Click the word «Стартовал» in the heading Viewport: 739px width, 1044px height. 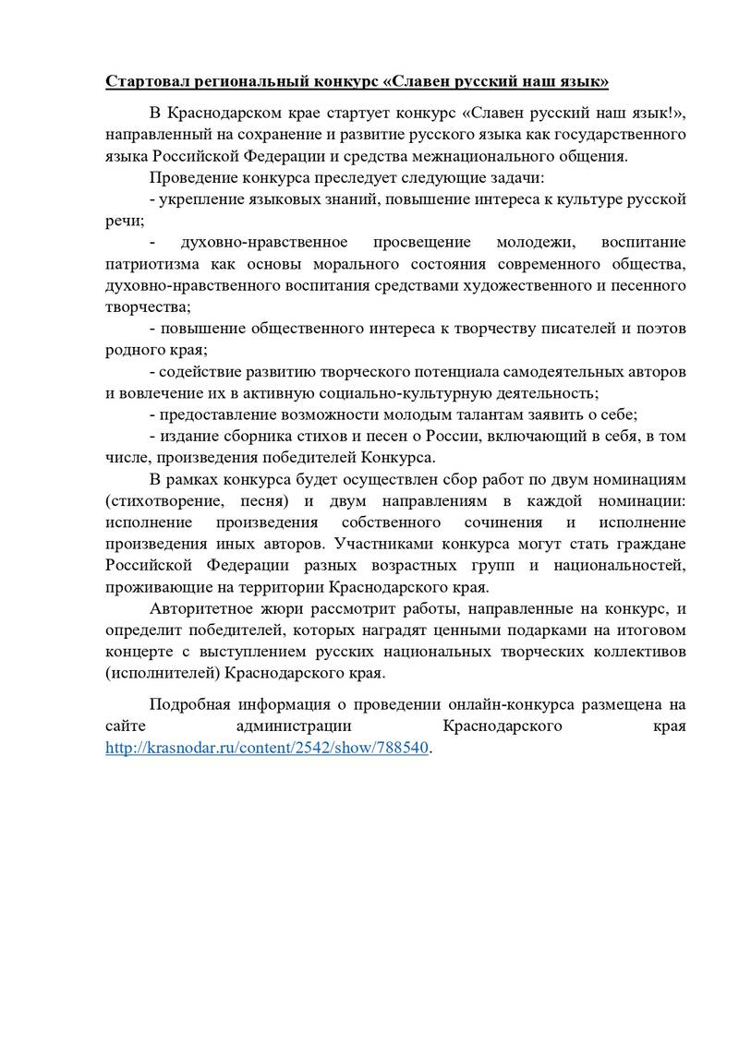click(148, 82)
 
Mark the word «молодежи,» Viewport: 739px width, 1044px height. click(534, 243)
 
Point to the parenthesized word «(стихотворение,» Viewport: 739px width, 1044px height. click(159, 501)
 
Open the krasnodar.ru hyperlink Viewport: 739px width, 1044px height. click(268, 749)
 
